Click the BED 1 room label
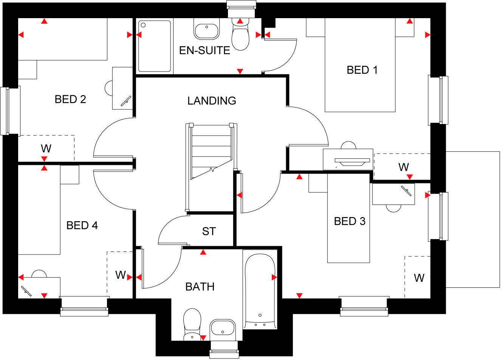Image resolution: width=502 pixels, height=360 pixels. tap(362, 70)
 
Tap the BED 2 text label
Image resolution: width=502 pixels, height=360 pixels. tap(70, 99)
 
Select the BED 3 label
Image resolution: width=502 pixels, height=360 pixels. tap(350, 221)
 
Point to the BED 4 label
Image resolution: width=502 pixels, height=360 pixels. tap(82, 225)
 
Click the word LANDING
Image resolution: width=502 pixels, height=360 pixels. tap(212, 101)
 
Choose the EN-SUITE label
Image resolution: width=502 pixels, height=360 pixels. tap(205, 50)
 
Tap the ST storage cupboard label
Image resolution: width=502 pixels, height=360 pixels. tap(209, 231)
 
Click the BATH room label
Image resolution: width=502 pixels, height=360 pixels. tap(200, 287)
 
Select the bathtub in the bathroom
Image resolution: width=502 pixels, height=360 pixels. tap(260, 289)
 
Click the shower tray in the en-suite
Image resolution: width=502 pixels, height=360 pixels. tap(154, 46)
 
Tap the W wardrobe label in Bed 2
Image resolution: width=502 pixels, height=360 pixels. tap(46, 148)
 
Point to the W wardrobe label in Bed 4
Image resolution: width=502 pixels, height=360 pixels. tap(120, 275)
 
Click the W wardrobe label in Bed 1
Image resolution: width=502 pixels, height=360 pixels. tap(403, 167)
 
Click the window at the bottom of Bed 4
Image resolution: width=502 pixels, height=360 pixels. tap(84, 306)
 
